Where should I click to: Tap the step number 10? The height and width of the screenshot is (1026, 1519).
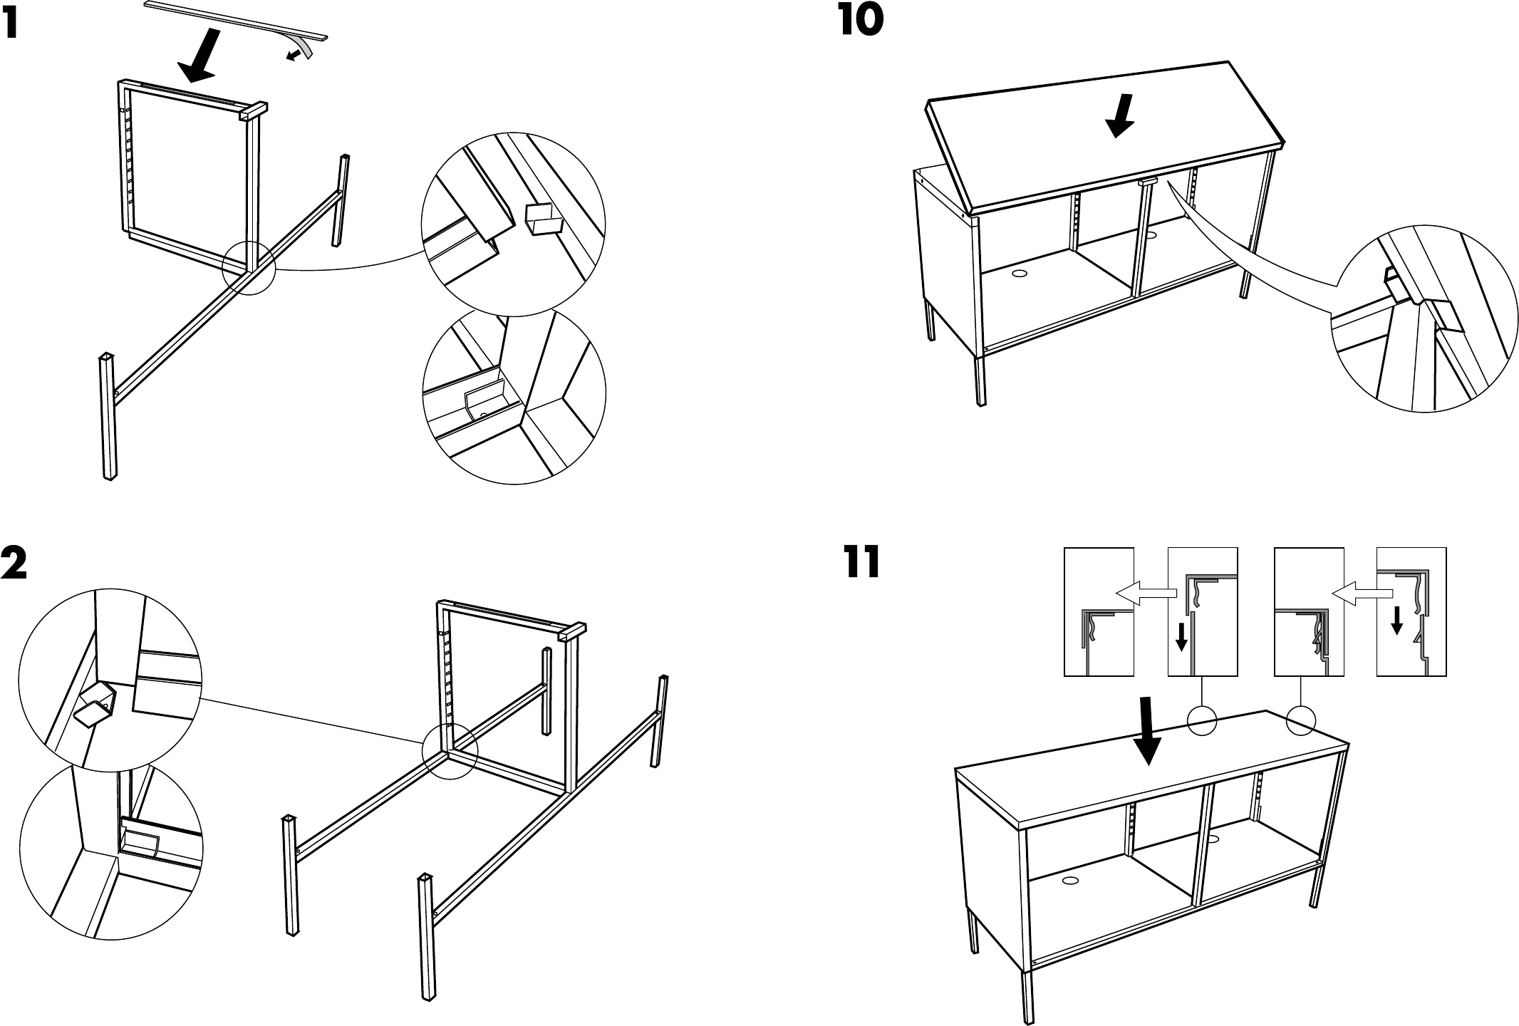pyautogui.click(x=861, y=21)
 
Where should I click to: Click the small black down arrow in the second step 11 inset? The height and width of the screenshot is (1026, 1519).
pyautogui.click(x=1181, y=634)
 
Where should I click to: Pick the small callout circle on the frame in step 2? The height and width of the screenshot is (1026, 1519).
pyautogui.click(x=449, y=752)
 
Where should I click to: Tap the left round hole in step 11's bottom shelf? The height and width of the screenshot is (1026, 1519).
pyautogui.click(x=1069, y=881)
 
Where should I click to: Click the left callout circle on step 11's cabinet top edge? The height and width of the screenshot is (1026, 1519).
pyautogui.click(x=1202, y=719)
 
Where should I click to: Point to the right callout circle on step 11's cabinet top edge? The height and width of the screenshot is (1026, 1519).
pyautogui.click(x=1300, y=719)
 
